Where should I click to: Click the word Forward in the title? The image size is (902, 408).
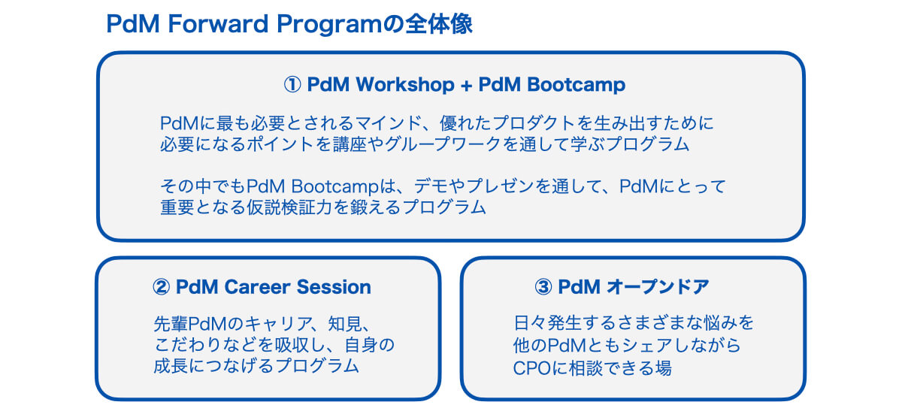218,24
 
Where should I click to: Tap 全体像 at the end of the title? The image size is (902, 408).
438,24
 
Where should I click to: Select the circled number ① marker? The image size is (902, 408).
292,85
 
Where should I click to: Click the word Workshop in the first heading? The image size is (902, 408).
404,84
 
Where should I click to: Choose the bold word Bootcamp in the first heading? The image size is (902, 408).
576,84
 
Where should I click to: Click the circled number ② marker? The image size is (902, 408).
161,287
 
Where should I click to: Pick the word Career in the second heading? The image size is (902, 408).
257,287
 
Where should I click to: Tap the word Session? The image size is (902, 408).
334,287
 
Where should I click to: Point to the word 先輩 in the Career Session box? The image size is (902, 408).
171,324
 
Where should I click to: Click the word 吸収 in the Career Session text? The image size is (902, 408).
292,345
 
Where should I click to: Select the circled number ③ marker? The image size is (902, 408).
543,287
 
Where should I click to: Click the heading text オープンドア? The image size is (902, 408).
658,287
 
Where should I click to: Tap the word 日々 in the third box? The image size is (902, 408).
529,323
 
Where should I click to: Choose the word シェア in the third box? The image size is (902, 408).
647,345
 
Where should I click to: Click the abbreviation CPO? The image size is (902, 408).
532,368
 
